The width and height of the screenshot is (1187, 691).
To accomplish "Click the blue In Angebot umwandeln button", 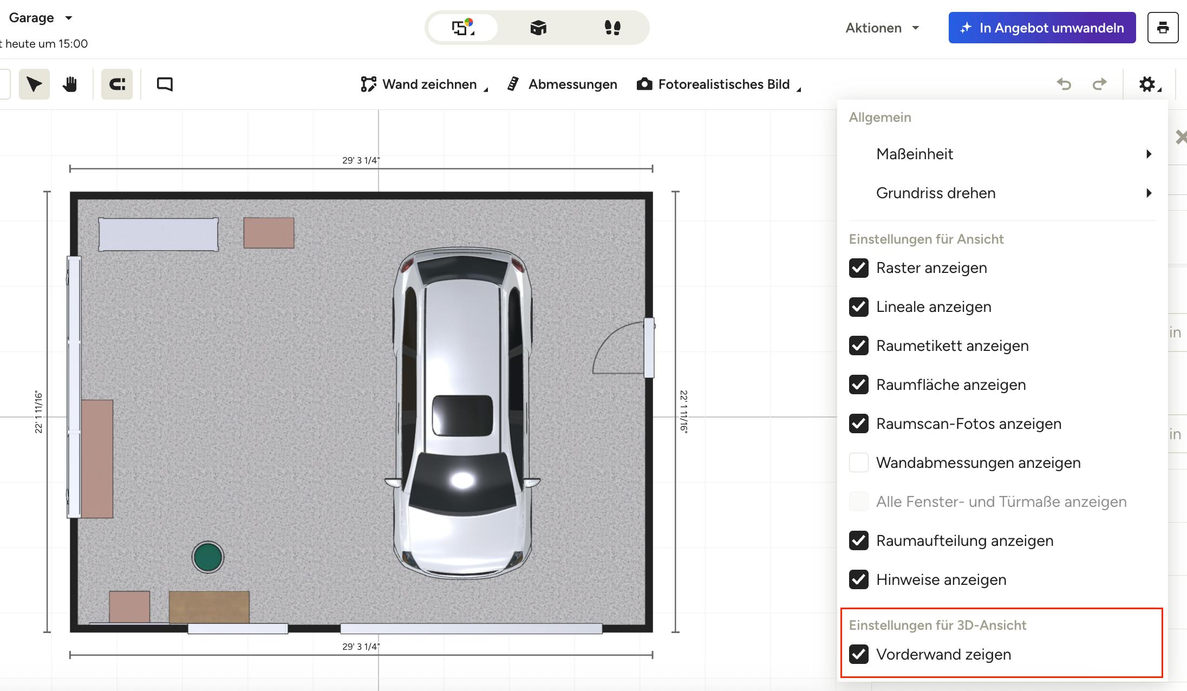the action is [x=1042, y=28].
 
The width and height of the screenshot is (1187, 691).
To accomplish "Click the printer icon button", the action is [x=1163, y=28].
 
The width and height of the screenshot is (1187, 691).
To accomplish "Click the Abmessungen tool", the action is [x=562, y=84].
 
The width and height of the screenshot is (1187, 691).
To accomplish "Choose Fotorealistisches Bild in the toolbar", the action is [x=719, y=84].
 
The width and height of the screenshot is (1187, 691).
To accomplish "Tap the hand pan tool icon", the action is [x=70, y=84].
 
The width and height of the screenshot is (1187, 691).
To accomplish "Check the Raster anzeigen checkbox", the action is [x=859, y=268].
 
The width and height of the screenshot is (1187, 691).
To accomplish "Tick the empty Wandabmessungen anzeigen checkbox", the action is [x=859, y=463].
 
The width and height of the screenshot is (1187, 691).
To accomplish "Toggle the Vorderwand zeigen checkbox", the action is [x=859, y=655].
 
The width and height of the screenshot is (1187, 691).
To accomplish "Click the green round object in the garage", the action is [x=208, y=557].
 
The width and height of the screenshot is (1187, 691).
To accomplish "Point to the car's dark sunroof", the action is [x=462, y=415].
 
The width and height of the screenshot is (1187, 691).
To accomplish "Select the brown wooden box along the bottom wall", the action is [x=209, y=607].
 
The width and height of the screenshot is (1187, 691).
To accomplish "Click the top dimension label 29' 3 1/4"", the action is [x=361, y=160].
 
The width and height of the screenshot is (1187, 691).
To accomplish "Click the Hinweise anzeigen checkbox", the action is [x=859, y=580].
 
